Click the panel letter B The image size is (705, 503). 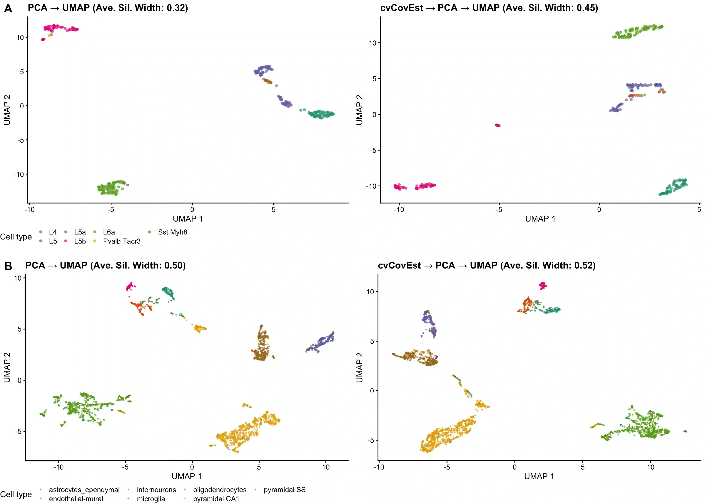coord(8,266)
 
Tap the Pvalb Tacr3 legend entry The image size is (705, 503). coord(121,241)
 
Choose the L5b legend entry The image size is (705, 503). coord(80,241)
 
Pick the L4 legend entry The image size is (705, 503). coord(53,232)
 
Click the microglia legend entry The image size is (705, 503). coord(151,499)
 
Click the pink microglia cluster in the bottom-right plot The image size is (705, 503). coord(543,285)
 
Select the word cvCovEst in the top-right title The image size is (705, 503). coord(402,8)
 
